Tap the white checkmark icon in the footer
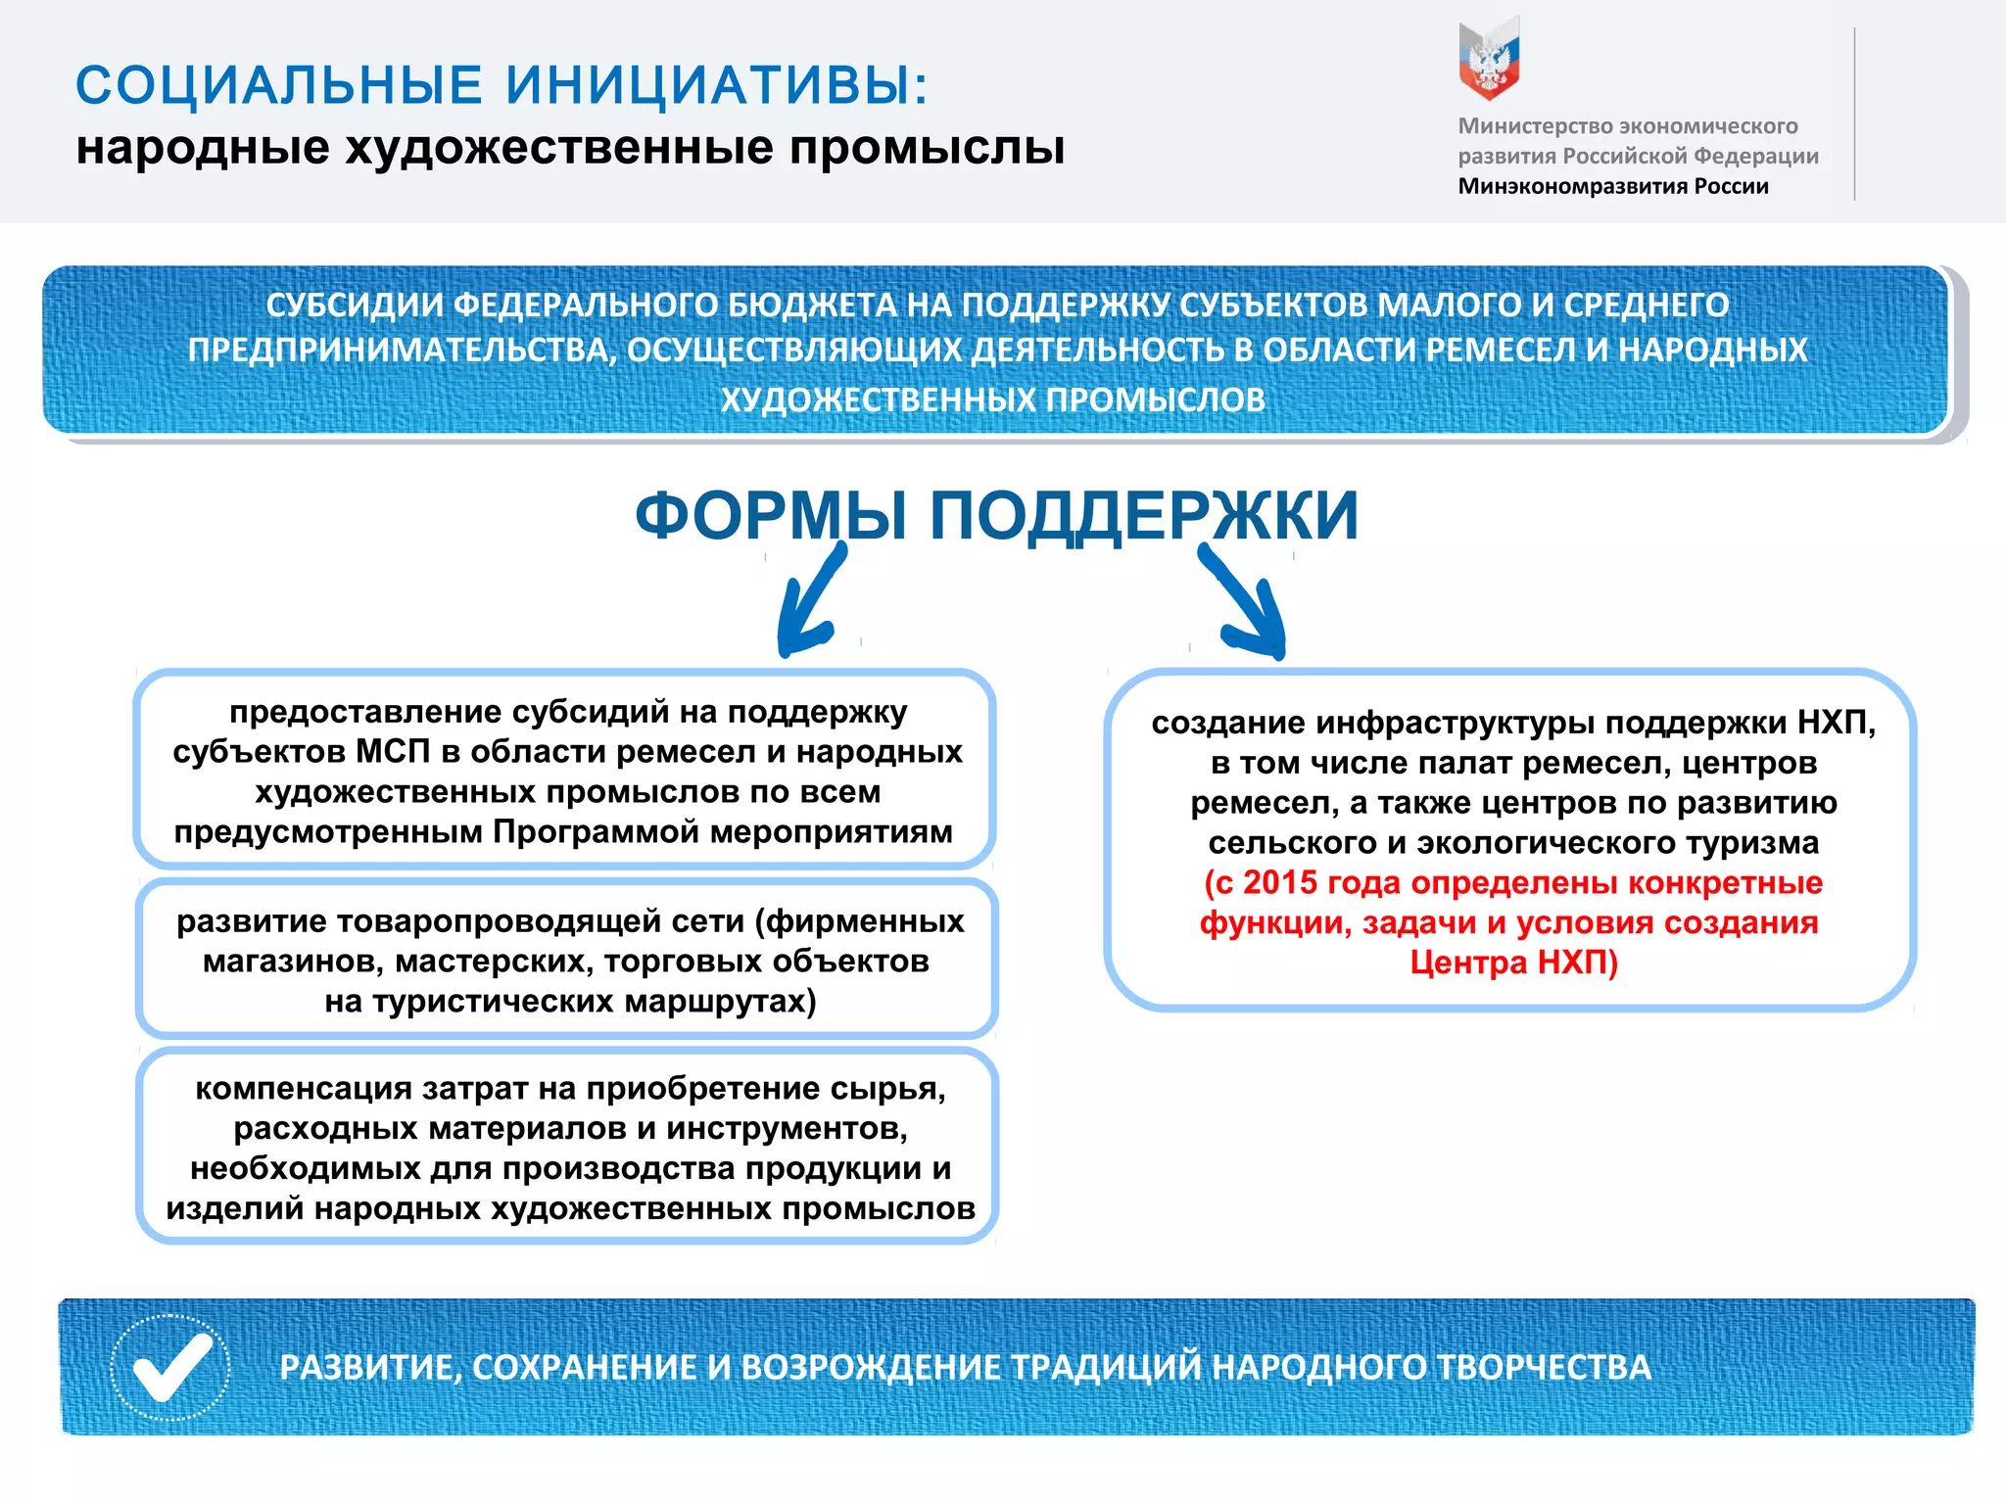tap(170, 1368)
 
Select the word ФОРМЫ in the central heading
tap(771, 516)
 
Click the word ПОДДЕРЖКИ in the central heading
tap(1143, 516)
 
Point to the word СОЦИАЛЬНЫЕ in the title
tap(279, 85)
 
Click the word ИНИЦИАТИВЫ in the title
tap(716, 85)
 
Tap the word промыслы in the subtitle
tap(927, 148)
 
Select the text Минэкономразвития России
tap(1612, 186)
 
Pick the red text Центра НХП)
tap(1513, 963)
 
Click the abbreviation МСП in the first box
tap(393, 752)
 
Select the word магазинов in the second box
tap(293, 962)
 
